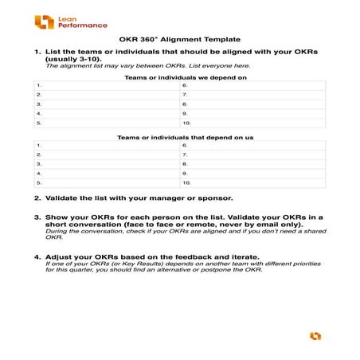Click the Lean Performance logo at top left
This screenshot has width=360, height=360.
[x=71, y=22]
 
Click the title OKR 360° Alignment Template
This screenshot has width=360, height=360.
[x=179, y=39]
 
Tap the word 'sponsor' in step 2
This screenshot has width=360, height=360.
[x=216, y=198]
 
